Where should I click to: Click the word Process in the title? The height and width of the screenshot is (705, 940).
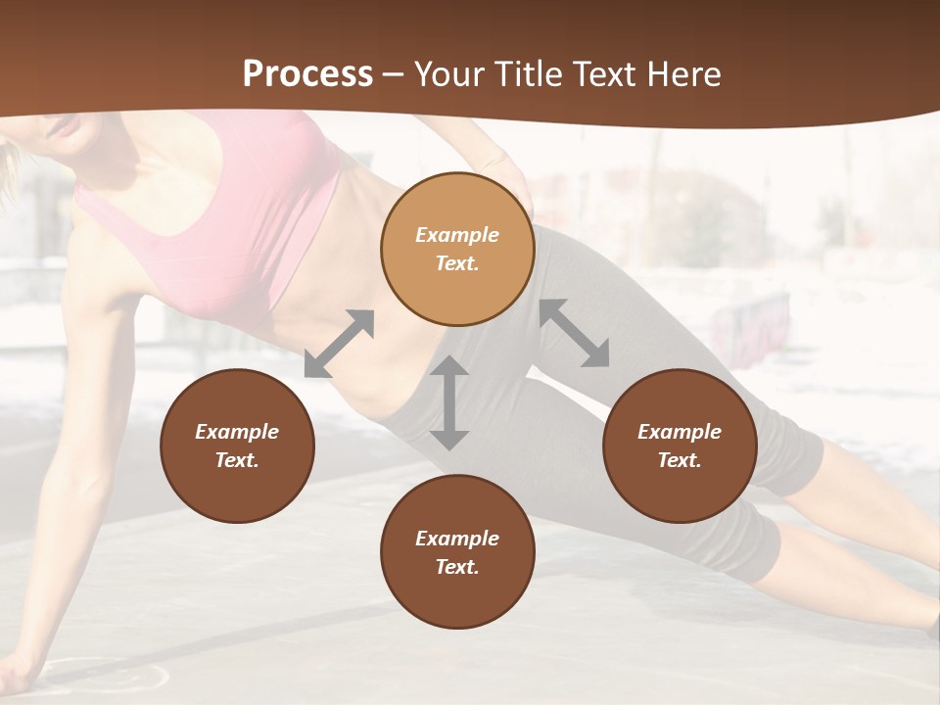pyautogui.click(x=307, y=74)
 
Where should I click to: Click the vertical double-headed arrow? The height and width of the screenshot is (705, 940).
pyautogui.click(x=449, y=402)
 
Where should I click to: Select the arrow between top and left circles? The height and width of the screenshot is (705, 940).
pyautogui.click(x=340, y=344)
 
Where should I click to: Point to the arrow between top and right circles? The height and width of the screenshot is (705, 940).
pyautogui.click(x=575, y=333)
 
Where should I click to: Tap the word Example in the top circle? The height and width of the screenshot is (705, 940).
pyautogui.click(x=457, y=235)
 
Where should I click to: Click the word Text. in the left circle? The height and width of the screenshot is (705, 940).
pyautogui.click(x=237, y=460)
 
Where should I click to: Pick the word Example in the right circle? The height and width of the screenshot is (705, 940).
pyautogui.click(x=680, y=432)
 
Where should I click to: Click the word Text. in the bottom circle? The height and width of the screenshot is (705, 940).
pyautogui.click(x=457, y=567)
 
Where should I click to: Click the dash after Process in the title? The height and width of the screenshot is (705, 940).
pyautogui.click(x=392, y=74)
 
